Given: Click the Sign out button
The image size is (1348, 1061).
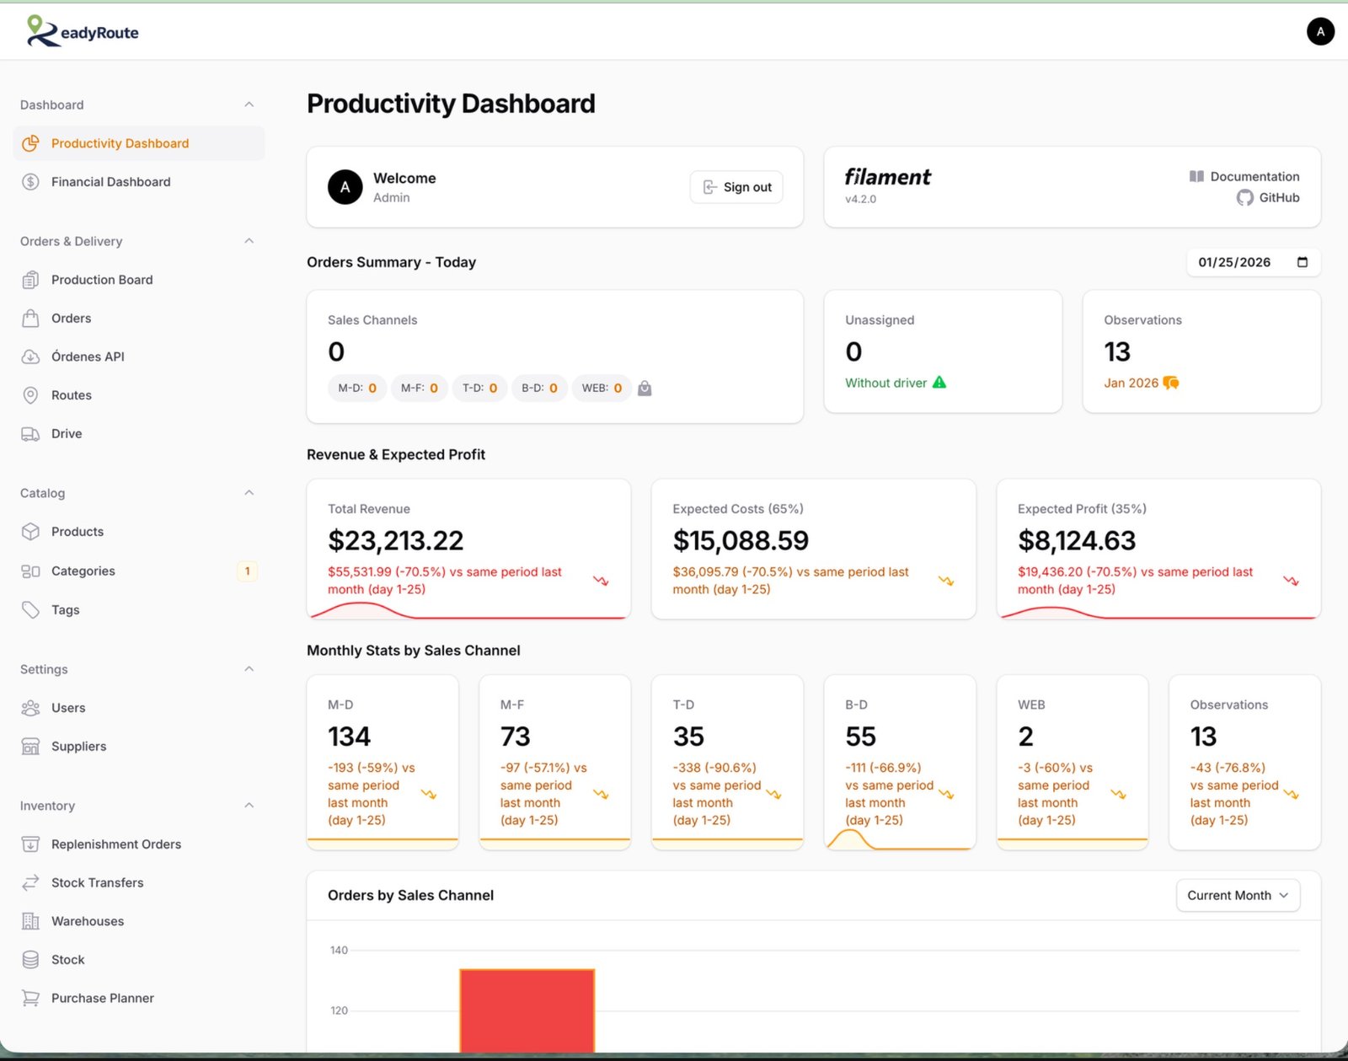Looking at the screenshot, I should point(736,187).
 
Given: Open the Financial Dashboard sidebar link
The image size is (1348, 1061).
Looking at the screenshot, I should point(110,182).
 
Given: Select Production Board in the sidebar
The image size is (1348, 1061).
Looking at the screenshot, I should point(102,280).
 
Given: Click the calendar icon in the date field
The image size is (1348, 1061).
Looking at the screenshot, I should point(1302,262).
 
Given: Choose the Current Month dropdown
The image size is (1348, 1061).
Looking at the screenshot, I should point(1237,895).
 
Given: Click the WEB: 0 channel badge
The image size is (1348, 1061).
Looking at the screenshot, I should point(602,388).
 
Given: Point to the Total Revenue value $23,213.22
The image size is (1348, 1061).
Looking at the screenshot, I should point(395,540).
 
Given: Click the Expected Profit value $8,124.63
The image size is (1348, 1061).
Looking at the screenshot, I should point(1076,540).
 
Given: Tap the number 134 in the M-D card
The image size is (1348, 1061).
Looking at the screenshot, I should point(349,737).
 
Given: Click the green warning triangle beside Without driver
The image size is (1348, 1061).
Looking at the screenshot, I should point(939,383).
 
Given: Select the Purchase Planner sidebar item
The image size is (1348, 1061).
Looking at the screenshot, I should point(102,998).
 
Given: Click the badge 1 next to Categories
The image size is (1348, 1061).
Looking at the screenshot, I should point(247,571).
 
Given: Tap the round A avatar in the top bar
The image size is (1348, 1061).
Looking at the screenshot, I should point(1319,32).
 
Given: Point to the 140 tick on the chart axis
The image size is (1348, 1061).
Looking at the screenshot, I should point(339,950).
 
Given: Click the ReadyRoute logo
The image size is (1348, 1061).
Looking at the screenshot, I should point(83,31).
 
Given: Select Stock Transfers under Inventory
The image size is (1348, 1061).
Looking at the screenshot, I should point(97,882).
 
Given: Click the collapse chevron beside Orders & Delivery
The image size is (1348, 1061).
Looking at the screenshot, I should point(249,241).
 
